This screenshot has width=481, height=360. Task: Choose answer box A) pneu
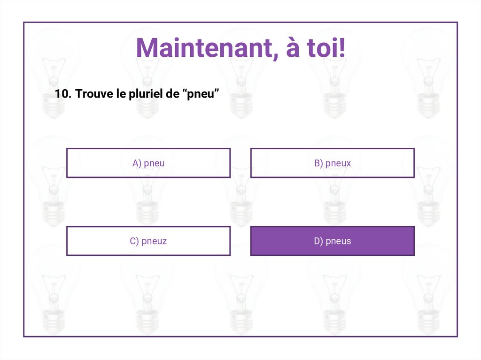click(148, 163)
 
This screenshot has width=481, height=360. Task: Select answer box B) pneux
click(333, 163)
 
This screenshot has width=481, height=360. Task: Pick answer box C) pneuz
click(148, 241)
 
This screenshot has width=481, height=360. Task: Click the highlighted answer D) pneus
click(333, 241)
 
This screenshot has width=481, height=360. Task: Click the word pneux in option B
click(338, 164)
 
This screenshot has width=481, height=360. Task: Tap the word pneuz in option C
click(155, 242)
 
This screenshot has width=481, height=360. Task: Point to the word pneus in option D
click(338, 242)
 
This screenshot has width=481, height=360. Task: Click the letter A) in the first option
click(137, 163)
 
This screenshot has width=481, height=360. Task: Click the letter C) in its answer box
click(134, 241)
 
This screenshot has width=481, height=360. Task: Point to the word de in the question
click(173, 94)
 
